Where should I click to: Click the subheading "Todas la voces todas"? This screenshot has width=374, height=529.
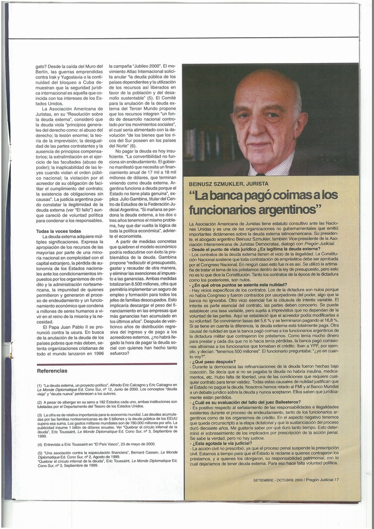click(x=58, y=231)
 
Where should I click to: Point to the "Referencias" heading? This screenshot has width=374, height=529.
click(x=52, y=370)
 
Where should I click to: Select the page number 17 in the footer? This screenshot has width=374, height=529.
click(x=337, y=479)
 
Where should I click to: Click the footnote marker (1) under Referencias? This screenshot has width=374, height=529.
click(x=40, y=385)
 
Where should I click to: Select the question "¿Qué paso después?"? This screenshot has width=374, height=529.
click(x=213, y=362)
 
